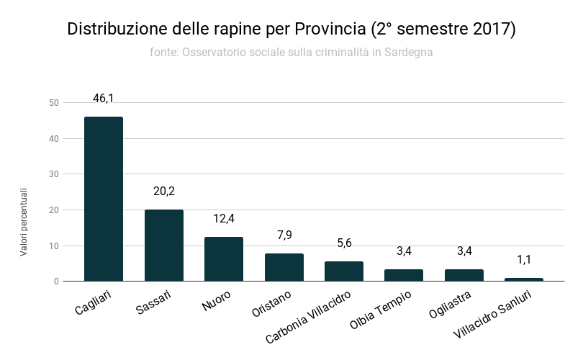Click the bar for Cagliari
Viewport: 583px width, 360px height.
[x=104, y=199]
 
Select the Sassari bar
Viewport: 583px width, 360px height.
[x=164, y=245]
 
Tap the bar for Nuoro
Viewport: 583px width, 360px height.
[x=224, y=259]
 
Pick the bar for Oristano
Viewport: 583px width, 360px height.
[x=284, y=267]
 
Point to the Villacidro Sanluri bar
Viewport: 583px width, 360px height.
[x=524, y=279]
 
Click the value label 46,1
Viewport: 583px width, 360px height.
[x=104, y=98]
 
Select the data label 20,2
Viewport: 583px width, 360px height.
[x=164, y=191]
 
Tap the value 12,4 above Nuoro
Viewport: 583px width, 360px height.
[x=224, y=218]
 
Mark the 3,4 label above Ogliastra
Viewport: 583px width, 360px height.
[x=464, y=251]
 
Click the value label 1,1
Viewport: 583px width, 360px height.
[x=524, y=259]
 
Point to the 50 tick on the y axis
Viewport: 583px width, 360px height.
[x=54, y=103]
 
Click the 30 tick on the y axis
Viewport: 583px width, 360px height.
[x=54, y=174]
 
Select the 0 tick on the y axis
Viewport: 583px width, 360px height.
[x=56, y=282]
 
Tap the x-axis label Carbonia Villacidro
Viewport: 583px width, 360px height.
[x=309, y=317]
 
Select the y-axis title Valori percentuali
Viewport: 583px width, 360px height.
[x=23, y=222]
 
